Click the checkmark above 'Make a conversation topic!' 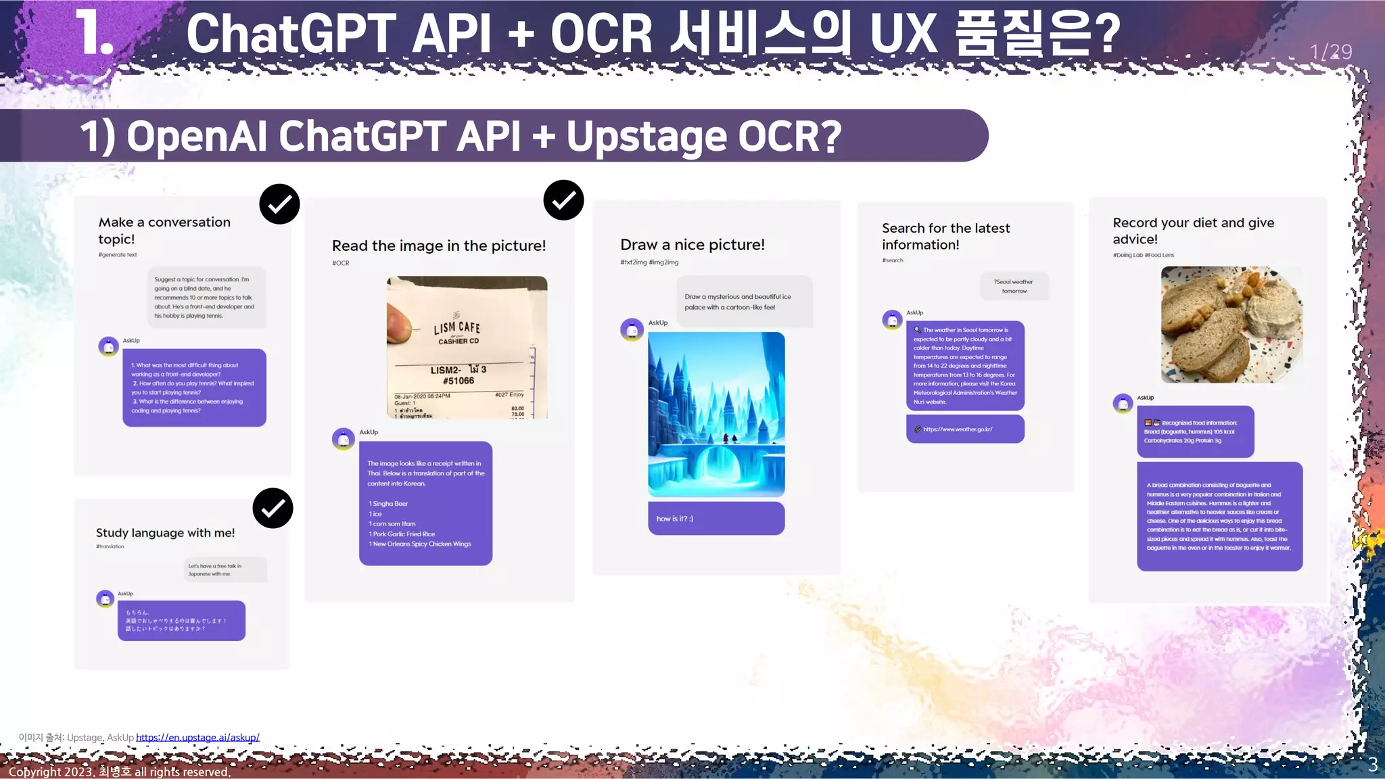279,204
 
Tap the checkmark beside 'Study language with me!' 273,508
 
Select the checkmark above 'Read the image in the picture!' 563,200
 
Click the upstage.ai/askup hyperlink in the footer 197,737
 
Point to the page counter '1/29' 1330,52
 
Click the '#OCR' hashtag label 340,263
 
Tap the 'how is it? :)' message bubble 715,519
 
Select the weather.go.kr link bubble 964,429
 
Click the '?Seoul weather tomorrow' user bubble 1014,286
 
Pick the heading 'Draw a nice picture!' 692,245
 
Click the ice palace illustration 716,414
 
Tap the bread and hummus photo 1231,325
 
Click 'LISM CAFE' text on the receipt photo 457,328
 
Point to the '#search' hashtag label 892,260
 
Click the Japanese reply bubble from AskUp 181,620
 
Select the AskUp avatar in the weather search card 892,319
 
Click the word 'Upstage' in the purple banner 647,136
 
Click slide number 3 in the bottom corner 1372,765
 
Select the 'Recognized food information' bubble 1195,431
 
